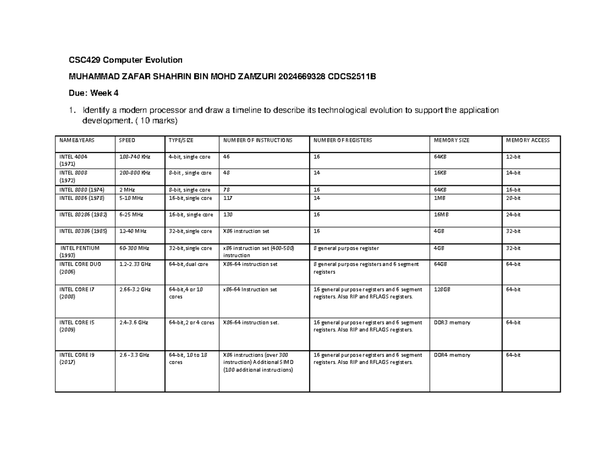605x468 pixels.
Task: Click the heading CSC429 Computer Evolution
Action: pos(126,60)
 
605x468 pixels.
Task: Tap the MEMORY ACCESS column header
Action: pos(527,140)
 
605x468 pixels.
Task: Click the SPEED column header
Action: pos(127,140)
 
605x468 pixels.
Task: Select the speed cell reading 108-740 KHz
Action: pos(135,157)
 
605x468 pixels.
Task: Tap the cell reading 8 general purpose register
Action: pos(345,248)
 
